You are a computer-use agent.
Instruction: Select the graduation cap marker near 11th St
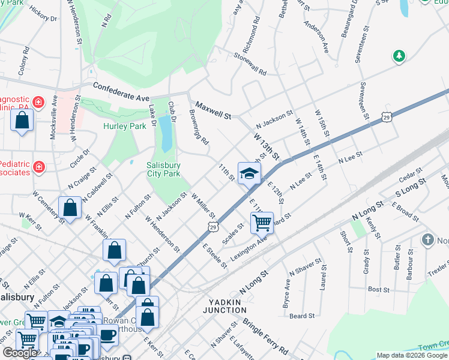pyautogui.click(x=249, y=175)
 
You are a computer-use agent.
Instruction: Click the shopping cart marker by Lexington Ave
pyautogui.click(x=262, y=223)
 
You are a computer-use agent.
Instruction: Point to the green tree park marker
pyautogui.click(x=399, y=56)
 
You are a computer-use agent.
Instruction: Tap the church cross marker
pyautogui.click(x=427, y=240)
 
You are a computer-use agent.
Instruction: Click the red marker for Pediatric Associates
pyautogui.click(x=39, y=166)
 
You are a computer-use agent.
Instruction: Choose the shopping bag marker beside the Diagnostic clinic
pyautogui.click(x=22, y=121)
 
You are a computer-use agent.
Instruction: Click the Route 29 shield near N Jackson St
pyautogui.click(x=386, y=119)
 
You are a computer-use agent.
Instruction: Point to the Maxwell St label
pyautogui.click(x=212, y=110)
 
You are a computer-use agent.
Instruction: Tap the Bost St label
pyautogui.click(x=379, y=290)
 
